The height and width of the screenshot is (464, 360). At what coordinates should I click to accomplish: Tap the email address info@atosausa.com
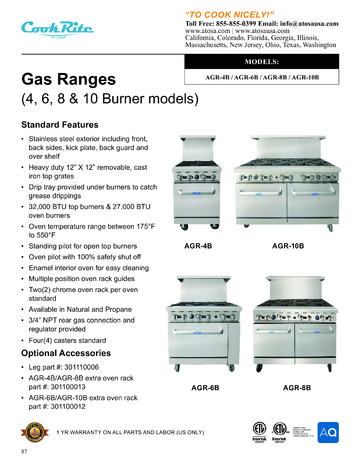[315, 17]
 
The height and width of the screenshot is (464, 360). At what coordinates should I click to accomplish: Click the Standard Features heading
[63, 126]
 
